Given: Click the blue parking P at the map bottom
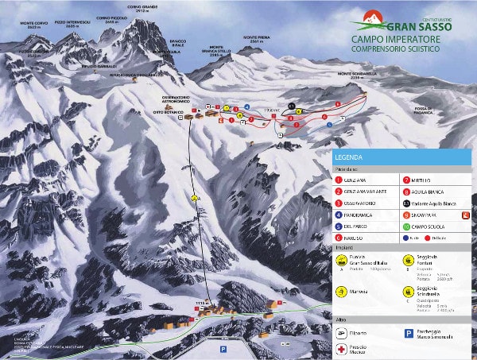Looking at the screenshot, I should click(x=223, y=348).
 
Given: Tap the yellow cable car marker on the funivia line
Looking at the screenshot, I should click(x=195, y=197).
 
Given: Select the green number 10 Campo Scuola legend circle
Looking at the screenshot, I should click(x=406, y=226).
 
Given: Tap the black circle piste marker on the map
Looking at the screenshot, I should click(x=292, y=105).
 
